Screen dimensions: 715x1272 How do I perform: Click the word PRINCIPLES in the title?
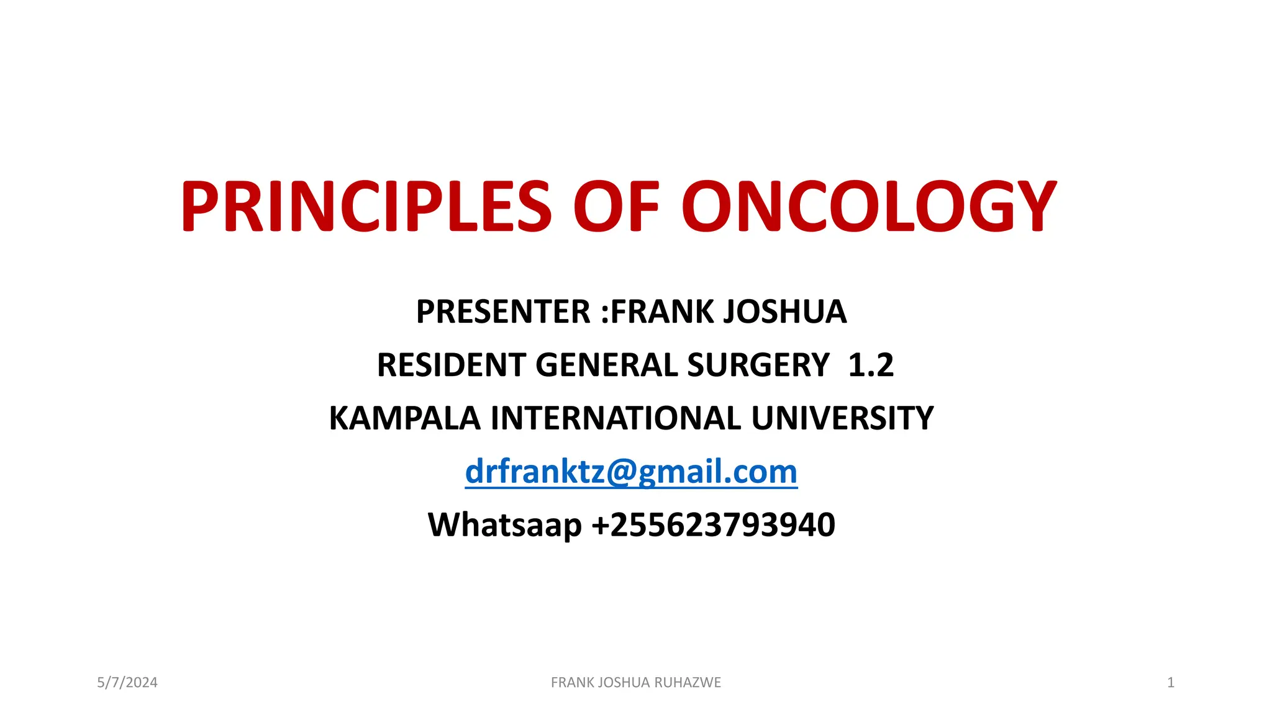point(365,206)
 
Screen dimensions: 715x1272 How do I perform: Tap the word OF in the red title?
point(616,206)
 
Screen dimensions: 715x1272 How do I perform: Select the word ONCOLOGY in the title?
point(869,206)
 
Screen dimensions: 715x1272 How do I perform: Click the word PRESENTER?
point(503,312)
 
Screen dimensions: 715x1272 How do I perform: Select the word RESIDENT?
point(451,365)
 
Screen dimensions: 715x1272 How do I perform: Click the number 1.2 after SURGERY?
point(871,365)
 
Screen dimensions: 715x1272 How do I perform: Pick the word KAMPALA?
point(404,418)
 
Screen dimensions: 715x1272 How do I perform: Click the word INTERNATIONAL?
point(616,418)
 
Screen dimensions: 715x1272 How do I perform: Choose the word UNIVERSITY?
point(842,418)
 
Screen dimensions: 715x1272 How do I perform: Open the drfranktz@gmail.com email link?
point(631,472)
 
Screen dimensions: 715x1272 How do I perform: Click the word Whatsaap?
point(504,525)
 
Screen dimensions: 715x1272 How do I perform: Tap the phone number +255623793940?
point(714,525)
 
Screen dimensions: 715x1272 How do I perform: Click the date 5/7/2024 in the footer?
point(127,683)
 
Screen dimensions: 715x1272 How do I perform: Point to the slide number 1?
point(1171,683)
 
